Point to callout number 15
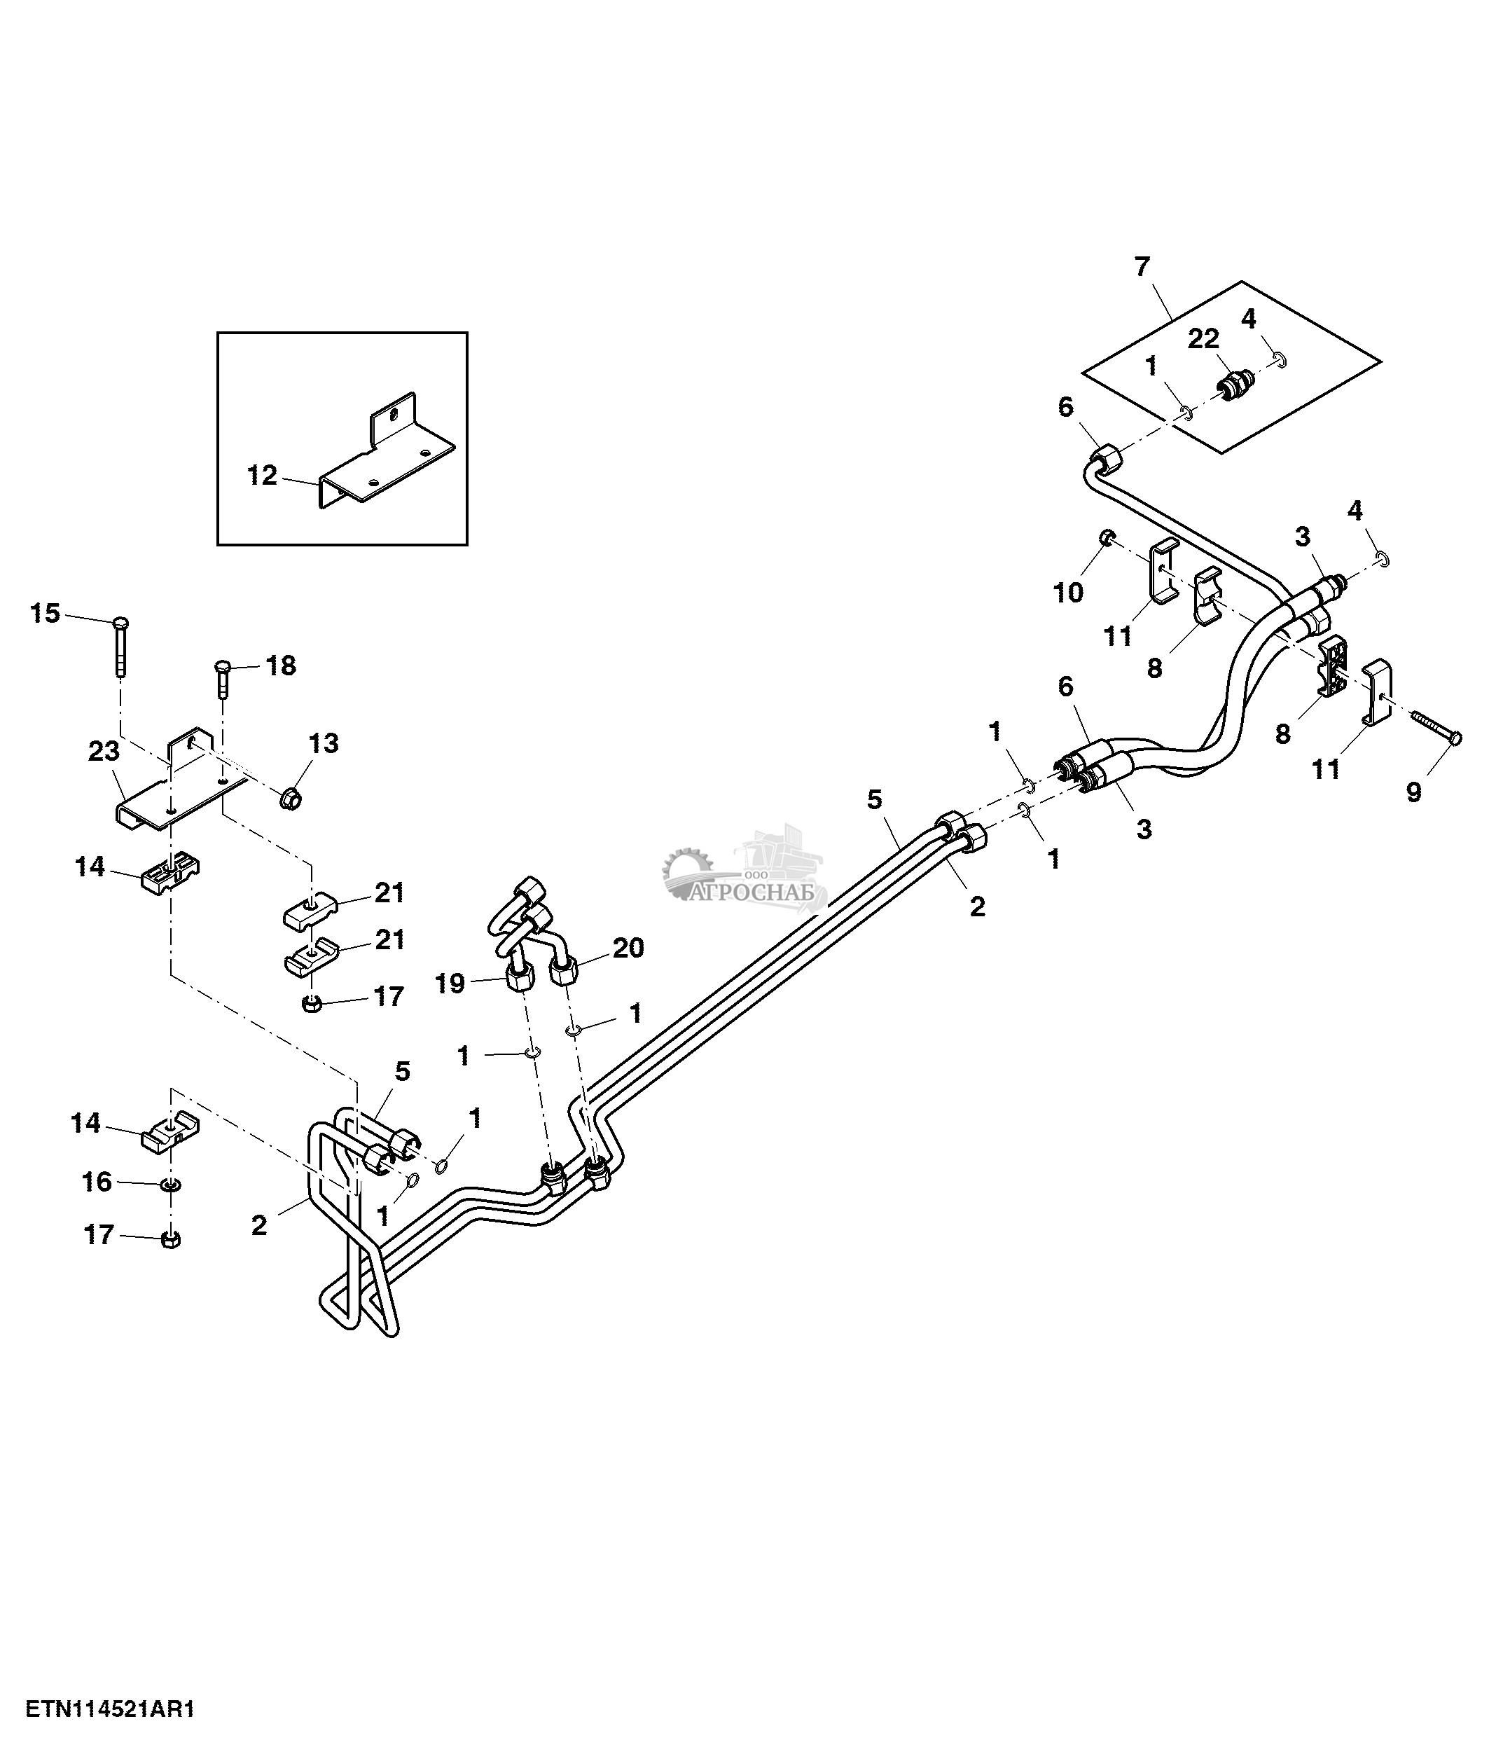tap(46, 613)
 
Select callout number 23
tap(104, 751)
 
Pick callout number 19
tap(450, 983)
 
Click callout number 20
tap(628, 948)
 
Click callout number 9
tap(1413, 791)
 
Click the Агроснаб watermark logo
tap(746, 872)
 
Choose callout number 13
tap(324, 743)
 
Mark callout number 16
tap(97, 1182)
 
